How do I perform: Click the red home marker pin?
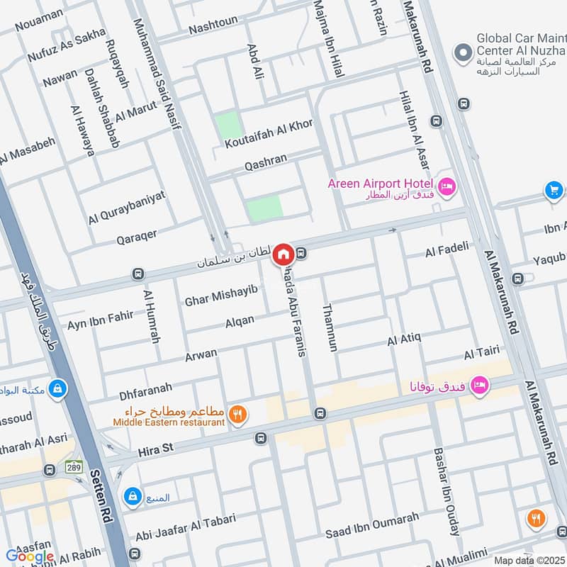pos(283,253)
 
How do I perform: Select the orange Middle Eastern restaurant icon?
pos(238,415)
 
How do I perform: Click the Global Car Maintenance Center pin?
pos(464,52)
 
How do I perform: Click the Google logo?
pos(30,556)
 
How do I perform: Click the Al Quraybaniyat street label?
pos(127,207)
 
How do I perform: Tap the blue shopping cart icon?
pos(554,190)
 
